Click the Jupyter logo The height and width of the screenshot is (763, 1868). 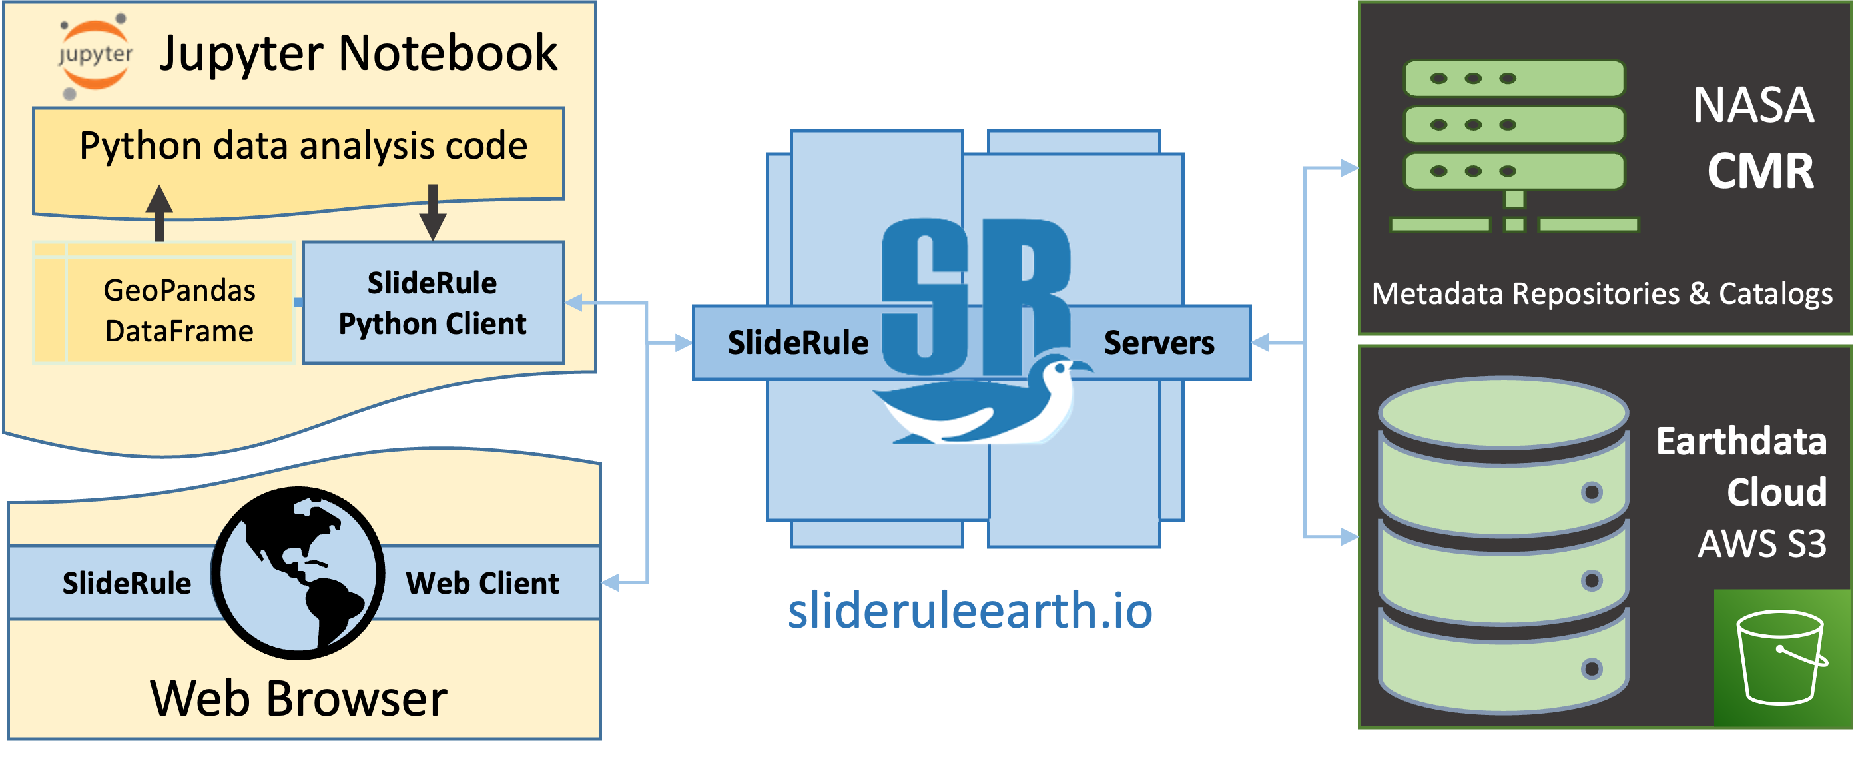(95, 56)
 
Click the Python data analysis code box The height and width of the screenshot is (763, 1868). (303, 147)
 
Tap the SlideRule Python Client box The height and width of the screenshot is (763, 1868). (432, 303)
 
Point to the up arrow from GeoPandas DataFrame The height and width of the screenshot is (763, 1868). (158, 211)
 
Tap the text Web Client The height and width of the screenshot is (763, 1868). (482, 583)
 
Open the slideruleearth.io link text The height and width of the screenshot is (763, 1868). (970, 610)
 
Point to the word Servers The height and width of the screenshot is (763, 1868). (1158, 343)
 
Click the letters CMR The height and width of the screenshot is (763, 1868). (1760, 171)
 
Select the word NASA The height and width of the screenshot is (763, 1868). (1753, 106)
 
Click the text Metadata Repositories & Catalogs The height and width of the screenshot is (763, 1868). (1602, 294)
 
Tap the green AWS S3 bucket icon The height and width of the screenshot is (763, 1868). (1781, 657)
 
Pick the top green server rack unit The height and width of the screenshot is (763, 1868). (1514, 79)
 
